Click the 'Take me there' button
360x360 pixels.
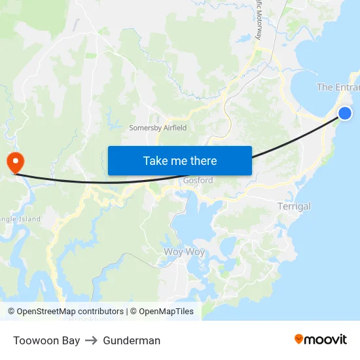click(x=180, y=160)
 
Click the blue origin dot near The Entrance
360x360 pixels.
click(x=345, y=113)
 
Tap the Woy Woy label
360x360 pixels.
click(x=184, y=251)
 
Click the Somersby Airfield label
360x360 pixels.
click(x=158, y=128)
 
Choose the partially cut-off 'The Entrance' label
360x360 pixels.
click(x=338, y=87)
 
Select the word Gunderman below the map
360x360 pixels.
click(x=132, y=340)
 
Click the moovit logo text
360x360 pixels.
click(x=326, y=339)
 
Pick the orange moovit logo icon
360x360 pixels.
click(x=299, y=339)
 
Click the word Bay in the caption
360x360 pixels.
click(x=71, y=340)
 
